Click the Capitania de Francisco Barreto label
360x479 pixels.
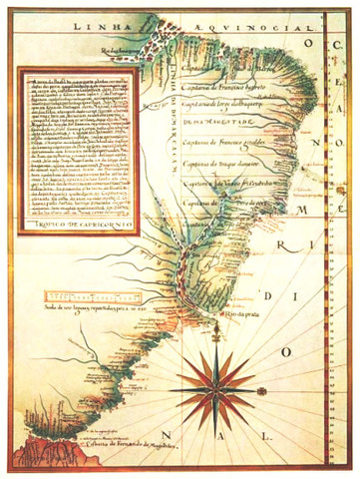224,84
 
